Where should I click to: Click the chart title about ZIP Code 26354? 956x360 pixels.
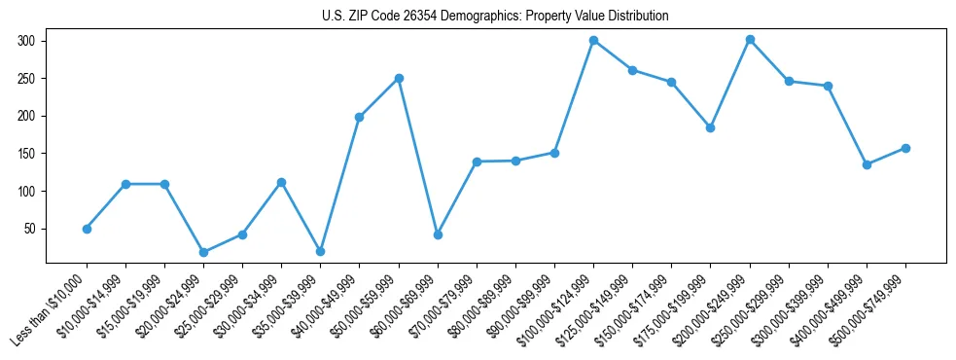click(495, 17)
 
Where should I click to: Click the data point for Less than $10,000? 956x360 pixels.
click(87, 229)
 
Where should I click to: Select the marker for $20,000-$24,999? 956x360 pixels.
click(203, 252)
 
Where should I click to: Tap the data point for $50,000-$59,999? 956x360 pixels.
click(399, 78)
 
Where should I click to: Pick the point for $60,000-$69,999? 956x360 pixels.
click(438, 234)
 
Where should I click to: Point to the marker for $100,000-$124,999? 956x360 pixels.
click(593, 41)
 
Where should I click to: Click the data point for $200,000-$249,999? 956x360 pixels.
click(750, 40)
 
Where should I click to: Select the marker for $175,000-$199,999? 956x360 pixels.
click(710, 127)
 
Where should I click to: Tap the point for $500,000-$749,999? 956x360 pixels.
click(905, 148)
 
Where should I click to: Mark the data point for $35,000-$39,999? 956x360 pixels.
click(320, 251)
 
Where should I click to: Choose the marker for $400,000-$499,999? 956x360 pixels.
click(867, 164)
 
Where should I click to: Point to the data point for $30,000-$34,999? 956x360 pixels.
click(281, 182)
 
